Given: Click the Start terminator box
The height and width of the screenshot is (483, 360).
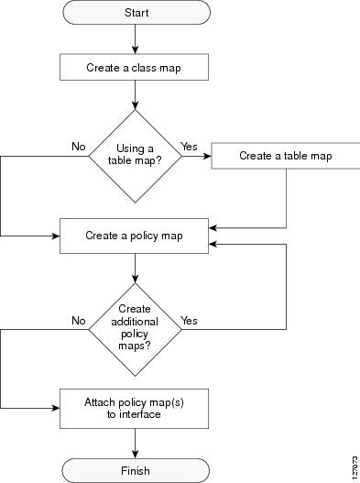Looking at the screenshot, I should pyautogui.click(x=136, y=13).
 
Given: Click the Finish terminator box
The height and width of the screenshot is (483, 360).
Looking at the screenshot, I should pyautogui.click(x=136, y=469).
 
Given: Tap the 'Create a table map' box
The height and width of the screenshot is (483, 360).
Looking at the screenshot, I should pyautogui.click(x=285, y=156).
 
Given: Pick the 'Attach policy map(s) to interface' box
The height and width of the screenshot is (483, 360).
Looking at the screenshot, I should pyautogui.click(x=136, y=407).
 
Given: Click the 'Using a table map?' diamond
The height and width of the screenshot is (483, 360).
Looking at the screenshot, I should pyautogui.click(x=136, y=156).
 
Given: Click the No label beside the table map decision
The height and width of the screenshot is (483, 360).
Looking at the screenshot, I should pyautogui.click(x=78, y=145).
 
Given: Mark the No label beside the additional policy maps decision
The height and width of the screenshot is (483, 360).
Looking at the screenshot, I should pyautogui.click(x=78, y=321).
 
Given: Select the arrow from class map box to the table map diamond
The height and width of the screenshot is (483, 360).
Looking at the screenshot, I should pyautogui.click(x=136, y=94).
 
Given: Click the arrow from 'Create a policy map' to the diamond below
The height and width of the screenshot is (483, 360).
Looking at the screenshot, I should pyautogui.click(x=136, y=267).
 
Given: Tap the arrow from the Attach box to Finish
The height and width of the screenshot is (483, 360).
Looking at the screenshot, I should pyautogui.click(x=136, y=442).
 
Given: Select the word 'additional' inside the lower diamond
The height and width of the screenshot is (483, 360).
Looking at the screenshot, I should pyautogui.click(x=136, y=322).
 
